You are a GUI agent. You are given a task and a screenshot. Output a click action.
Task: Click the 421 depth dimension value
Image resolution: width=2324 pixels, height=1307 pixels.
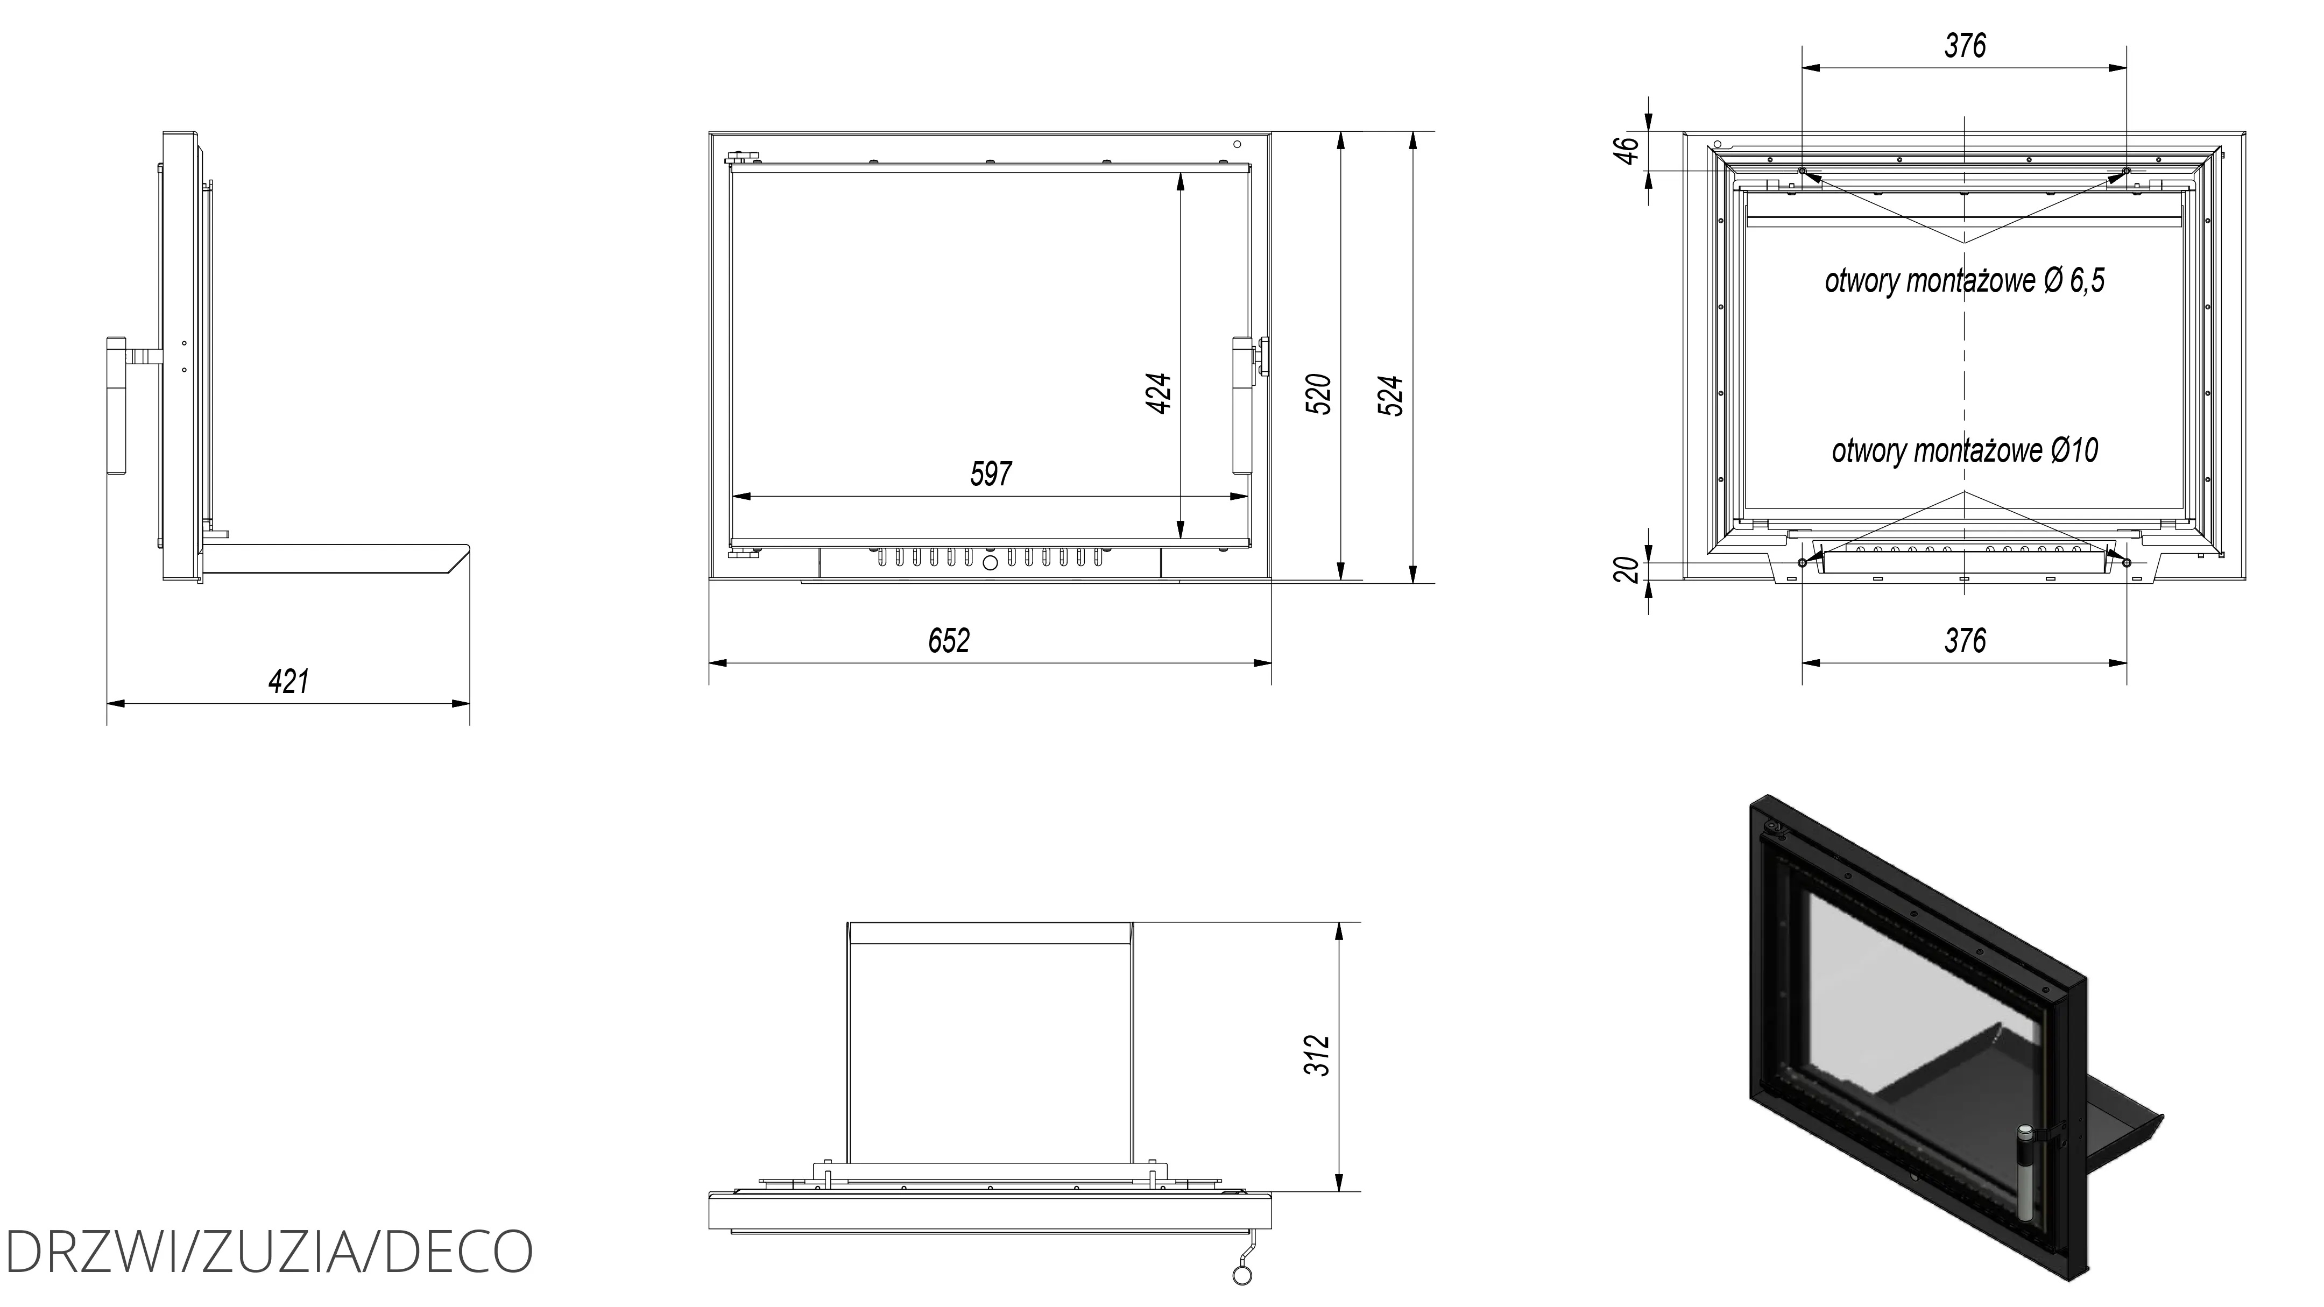[289, 681]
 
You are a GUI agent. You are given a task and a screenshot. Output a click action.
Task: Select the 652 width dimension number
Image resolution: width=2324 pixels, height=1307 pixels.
[949, 640]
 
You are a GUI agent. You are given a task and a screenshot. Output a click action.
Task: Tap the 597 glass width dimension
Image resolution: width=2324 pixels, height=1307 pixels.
[991, 474]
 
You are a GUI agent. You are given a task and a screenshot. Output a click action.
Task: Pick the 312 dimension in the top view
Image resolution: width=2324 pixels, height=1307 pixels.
[1318, 1055]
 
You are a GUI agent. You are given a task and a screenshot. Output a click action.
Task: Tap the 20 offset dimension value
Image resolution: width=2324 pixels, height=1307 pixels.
[1626, 570]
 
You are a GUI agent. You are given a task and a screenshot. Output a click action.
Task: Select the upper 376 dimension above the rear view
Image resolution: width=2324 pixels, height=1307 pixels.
[1965, 45]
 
